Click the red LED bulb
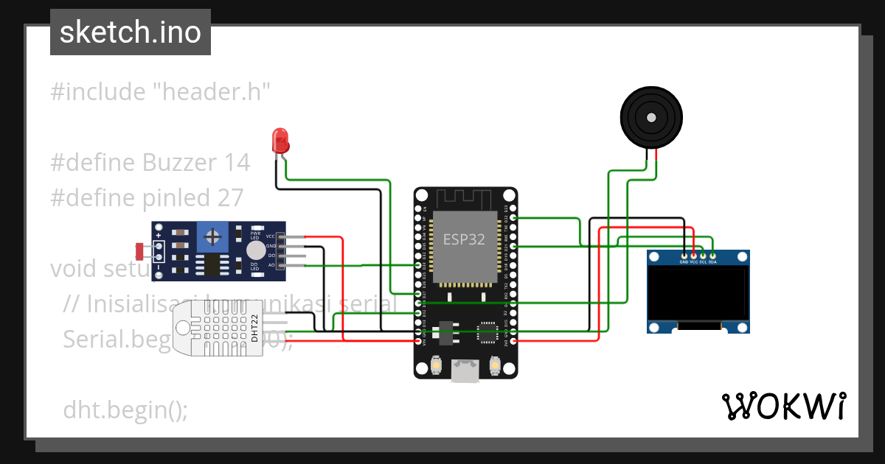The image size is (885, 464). pos(280,138)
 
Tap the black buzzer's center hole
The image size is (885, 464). pos(650,118)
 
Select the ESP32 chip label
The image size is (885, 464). pos(465,239)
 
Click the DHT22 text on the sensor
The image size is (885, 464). pos(254,328)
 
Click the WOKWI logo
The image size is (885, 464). pos(783,407)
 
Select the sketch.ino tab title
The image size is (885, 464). pos(131,32)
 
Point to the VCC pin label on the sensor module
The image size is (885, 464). pos(271,236)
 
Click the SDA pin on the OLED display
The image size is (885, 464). pos(712,256)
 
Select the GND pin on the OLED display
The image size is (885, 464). pos(684,256)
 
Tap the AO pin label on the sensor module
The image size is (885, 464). pos(271,265)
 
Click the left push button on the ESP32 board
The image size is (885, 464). pos(437,364)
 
